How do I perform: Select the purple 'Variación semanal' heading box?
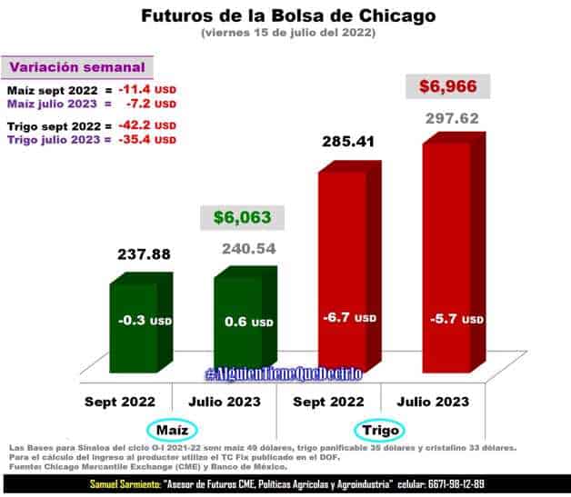pos(77,67)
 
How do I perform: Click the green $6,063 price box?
pos(243,218)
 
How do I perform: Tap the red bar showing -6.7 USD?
pos(348,291)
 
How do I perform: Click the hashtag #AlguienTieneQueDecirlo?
pos(283,374)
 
